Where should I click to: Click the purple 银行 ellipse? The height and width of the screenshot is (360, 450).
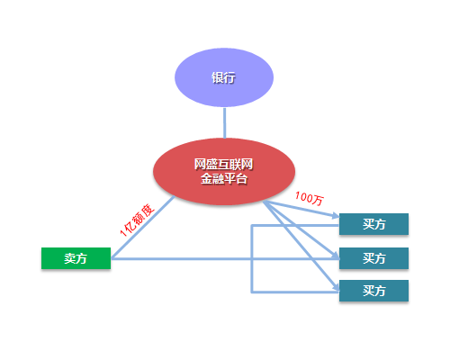click(224, 77)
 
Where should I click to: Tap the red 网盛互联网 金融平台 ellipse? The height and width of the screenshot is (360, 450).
click(224, 172)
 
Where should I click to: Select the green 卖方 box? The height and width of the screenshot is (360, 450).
click(76, 258)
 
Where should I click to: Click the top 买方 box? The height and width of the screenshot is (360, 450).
click(373, 224)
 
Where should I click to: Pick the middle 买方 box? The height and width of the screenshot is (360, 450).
click(373, 258)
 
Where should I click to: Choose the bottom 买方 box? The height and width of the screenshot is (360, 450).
click(373, 291)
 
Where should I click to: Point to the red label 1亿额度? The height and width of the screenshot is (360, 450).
click(137, 220)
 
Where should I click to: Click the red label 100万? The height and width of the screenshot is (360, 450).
click(310, 198)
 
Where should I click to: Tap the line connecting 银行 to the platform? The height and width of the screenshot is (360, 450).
click(224, 122)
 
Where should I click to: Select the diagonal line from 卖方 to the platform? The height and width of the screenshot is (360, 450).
click(143, 228)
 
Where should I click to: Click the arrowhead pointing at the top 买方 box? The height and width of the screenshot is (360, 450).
click(336, 215)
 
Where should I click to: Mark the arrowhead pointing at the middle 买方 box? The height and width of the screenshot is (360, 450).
click(336, 256)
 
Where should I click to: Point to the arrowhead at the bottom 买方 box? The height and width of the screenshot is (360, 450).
click(337, 287)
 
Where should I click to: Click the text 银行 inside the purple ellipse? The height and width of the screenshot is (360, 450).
click(223, 77)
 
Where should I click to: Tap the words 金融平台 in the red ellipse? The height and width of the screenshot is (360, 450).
click(224, 179)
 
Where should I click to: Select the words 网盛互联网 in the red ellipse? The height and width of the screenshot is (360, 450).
click(223, 165)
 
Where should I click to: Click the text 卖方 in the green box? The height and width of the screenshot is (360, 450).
click(76, 258)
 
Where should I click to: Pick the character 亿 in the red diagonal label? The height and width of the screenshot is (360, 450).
click(130, 227)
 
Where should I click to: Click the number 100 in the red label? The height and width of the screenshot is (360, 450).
click(304, 197)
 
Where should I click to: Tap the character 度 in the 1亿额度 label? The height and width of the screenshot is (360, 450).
click(148, 211)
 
